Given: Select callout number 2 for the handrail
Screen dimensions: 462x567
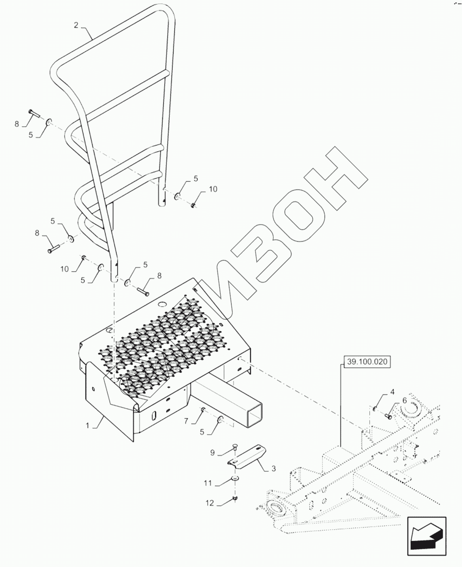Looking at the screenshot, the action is pos(76,25).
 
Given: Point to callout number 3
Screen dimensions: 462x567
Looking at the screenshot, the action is pos(273,469).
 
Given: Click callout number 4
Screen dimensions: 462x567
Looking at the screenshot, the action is pos(392,392).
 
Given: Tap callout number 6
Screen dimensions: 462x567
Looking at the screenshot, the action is pos(405,400).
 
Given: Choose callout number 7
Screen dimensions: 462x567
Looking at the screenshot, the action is pos(186,421).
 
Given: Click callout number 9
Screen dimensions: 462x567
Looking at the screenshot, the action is pos(212,453).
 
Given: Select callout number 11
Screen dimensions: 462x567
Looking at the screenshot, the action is pos(208,483).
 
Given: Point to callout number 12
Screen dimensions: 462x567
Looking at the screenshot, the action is pos(210,503).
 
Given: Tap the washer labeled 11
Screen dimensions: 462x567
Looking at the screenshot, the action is pos(235,479).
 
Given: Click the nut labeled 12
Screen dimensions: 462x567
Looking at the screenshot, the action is pos(235,498).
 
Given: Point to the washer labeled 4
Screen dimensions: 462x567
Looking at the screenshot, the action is pos(375,408).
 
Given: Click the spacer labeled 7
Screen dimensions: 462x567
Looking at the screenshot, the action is pos(202,409).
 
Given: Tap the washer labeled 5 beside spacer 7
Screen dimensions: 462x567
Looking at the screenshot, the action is pos(220,418).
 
